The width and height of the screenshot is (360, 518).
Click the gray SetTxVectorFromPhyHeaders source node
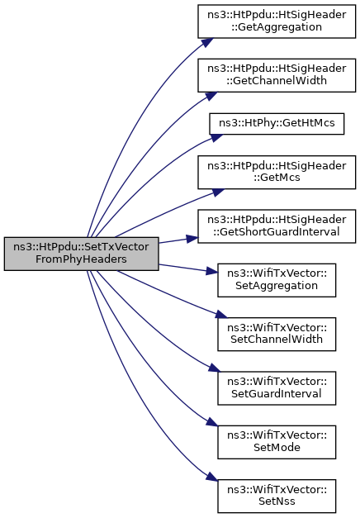[81, 254]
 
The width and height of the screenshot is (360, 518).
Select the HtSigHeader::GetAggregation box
[277, 21]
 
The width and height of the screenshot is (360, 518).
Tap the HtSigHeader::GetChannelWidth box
[277, 75]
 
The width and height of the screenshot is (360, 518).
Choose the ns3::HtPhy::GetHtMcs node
[277, 124]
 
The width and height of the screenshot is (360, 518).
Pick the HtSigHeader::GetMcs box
[277, 172]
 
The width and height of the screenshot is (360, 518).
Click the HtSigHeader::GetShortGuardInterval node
[277, 226]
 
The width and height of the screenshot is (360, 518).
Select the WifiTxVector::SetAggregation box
[277, 280]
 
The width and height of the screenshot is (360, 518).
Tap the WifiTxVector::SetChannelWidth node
[277, 334]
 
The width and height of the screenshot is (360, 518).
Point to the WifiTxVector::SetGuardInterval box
[277, 387]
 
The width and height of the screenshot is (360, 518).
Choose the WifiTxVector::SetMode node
[277, 442]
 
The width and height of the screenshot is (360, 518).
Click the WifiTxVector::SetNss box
[277, 496]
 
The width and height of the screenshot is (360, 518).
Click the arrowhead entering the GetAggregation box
[206, 42]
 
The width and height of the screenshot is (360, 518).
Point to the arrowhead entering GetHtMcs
[216, 137]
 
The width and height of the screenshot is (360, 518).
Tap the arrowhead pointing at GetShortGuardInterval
[192, 239]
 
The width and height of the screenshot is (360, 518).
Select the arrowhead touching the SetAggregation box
[211, 271]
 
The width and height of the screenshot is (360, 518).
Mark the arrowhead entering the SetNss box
[211, 477]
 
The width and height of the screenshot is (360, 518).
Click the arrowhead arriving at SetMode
[211, 422]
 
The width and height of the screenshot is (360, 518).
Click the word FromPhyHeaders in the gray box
[81, 259]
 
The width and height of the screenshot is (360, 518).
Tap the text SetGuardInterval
[277, 393]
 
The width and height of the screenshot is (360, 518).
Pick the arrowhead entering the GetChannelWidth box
[211, 96]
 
